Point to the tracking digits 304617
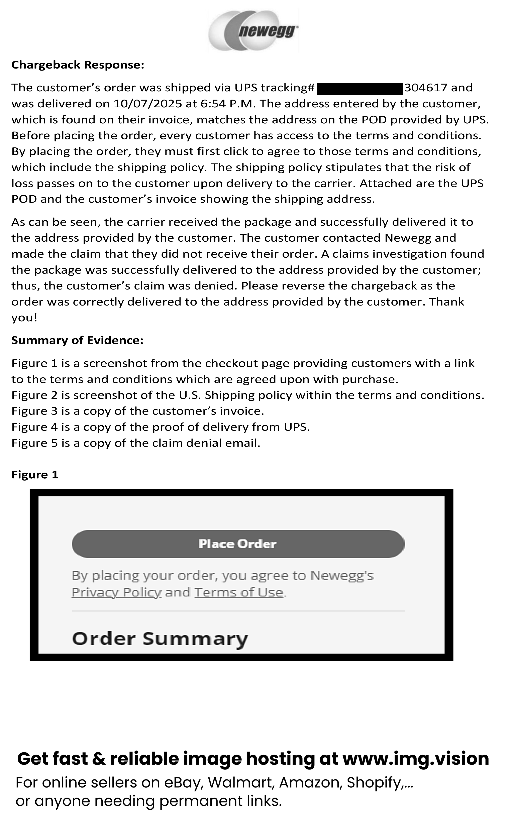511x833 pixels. tap(426, 88)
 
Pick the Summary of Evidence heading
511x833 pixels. tap(77, 340)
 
